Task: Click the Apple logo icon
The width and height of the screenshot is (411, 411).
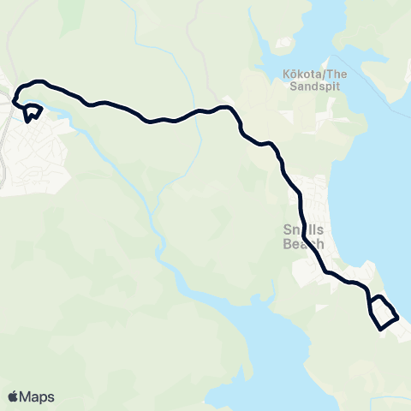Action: pos(13,396)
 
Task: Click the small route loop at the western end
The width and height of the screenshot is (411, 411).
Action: pos(33,112)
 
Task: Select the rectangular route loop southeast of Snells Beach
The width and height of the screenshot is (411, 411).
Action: pos(384,313)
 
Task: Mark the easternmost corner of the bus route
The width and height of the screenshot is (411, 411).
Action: pos(398,318)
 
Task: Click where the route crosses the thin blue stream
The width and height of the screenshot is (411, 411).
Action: pos(198,111)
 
